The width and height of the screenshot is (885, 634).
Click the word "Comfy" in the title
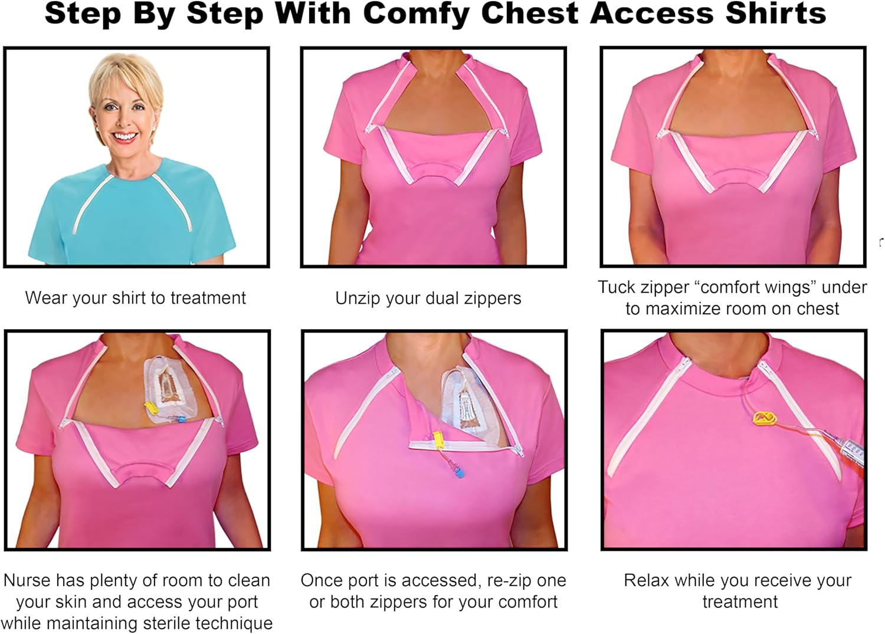pos(406,13)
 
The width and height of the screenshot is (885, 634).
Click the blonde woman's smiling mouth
pos(125,137)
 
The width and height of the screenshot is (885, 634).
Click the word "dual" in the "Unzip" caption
pos(442,298)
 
